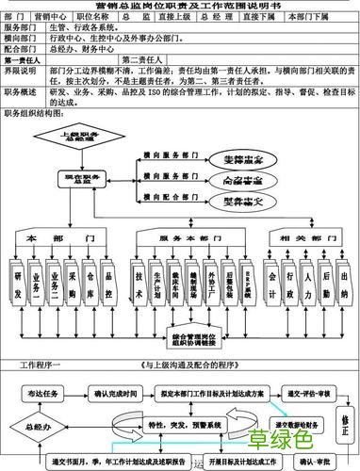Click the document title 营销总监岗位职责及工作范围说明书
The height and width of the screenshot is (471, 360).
(179, 8)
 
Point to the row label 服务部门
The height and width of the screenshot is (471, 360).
(21, 29)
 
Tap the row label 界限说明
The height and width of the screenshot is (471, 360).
(21, 71)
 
